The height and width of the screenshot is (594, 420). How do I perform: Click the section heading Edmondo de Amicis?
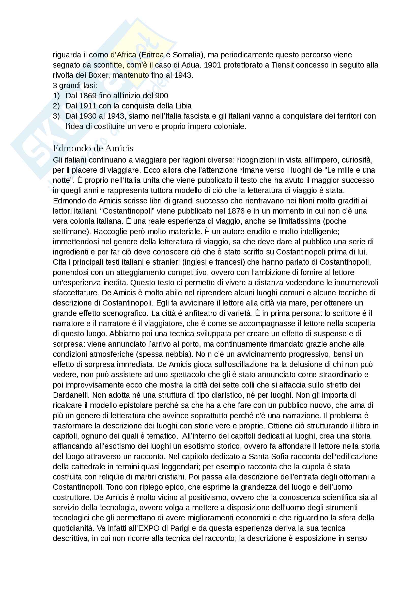93,148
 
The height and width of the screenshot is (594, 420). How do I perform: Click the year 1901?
212,65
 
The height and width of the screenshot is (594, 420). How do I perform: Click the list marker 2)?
56,106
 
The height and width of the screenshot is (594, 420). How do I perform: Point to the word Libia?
183,106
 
